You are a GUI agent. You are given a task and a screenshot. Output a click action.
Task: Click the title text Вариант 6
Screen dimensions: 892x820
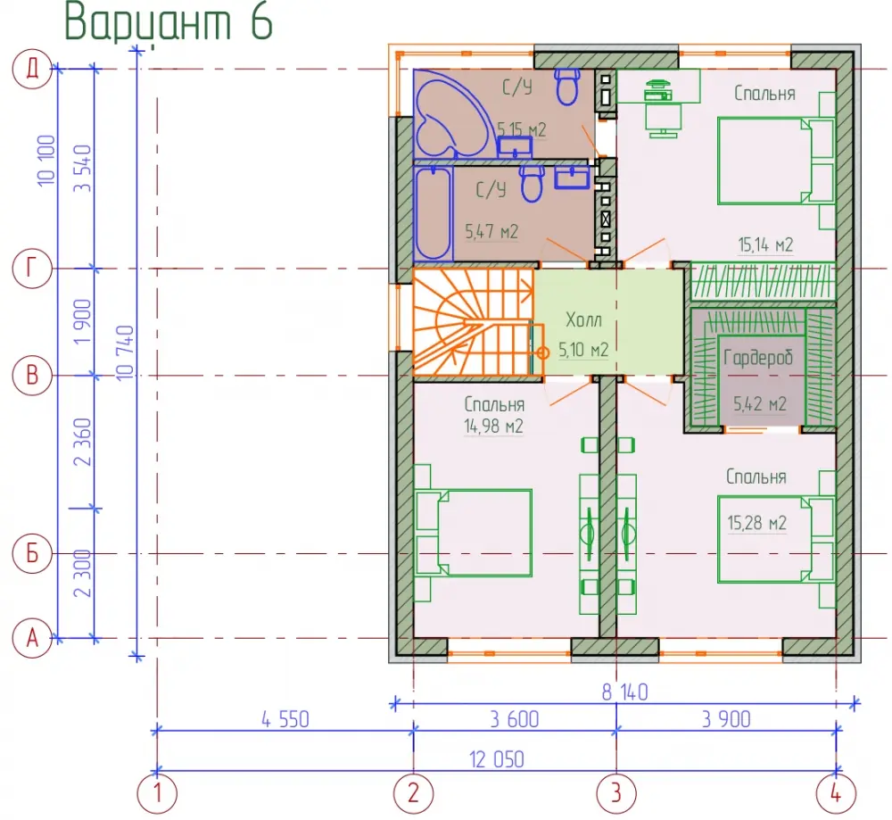169,21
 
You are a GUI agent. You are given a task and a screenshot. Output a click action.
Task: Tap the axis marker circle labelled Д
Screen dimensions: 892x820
32,69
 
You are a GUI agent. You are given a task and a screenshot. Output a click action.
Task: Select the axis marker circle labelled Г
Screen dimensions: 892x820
32,268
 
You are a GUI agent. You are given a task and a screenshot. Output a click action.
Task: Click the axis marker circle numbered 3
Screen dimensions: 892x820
616,792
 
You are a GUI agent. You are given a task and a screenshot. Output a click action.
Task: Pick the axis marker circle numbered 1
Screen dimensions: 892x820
157,792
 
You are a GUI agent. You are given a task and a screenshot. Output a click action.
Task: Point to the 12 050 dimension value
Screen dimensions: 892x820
497,759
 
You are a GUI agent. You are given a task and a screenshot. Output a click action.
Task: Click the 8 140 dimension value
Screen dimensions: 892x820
624,692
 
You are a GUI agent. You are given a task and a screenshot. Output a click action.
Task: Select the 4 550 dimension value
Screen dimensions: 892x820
285,719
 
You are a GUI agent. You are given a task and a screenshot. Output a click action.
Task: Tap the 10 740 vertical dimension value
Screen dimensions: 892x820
125,352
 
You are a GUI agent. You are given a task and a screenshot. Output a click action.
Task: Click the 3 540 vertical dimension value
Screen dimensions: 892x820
83,169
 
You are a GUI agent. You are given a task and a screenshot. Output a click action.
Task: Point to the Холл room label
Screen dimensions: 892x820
583,319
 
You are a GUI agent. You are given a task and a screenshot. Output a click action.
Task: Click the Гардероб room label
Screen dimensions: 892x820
758,358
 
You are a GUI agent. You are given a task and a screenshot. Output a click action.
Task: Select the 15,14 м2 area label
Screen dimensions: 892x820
765,244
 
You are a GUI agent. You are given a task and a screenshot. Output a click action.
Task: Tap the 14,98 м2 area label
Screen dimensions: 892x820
493,426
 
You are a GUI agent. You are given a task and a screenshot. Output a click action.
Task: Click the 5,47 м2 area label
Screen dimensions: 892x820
491,231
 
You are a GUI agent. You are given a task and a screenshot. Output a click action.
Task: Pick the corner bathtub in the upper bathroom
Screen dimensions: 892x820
450,114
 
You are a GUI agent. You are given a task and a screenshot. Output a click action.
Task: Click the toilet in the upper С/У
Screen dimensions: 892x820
566,87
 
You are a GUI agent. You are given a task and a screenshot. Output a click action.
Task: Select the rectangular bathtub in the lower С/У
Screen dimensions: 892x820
434,212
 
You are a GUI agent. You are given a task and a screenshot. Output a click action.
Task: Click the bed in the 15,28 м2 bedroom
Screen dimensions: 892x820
775,540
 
